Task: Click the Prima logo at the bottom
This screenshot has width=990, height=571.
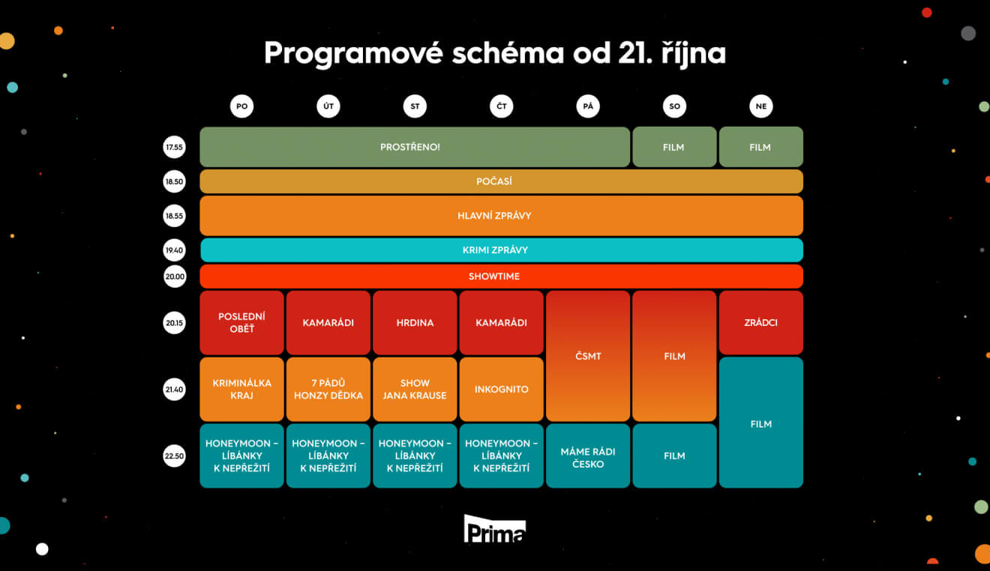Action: (x=494, y=528)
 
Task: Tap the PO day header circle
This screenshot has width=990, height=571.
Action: (x=241, y=106)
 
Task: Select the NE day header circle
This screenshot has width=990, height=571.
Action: (x=761, y=106)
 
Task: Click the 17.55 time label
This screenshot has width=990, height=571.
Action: (x=174, y=147)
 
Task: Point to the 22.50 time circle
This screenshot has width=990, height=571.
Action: (x=174, y=456)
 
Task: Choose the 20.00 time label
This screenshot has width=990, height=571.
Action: (x=175, y=277)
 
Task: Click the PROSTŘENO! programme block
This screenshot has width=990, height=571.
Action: (x=415, y=147)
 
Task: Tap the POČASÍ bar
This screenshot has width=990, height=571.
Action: (x=501, y=181)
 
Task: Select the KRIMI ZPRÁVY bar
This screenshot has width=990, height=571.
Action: (x=502, y=250)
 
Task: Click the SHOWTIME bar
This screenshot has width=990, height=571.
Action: (x=501, y=277)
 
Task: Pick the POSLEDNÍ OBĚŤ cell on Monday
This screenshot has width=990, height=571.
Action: (x=241, y=322)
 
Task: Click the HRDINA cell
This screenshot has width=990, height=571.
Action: (x=415, y=322)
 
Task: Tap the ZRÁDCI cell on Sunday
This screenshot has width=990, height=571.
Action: (x=761, y=322)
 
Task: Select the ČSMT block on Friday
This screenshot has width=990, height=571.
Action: (x=588, y=356)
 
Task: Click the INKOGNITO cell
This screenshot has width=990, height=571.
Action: (x=501, y=389)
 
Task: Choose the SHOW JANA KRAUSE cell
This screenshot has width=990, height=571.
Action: (x=415, y=389)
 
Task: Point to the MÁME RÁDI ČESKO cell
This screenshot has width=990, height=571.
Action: (x=588, y=456)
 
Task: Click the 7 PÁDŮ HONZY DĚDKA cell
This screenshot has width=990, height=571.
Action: (x=328, y=389)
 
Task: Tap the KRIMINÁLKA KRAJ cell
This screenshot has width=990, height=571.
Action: (x=241, y=389)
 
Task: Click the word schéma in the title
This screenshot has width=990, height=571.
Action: (x=508, y=53)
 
